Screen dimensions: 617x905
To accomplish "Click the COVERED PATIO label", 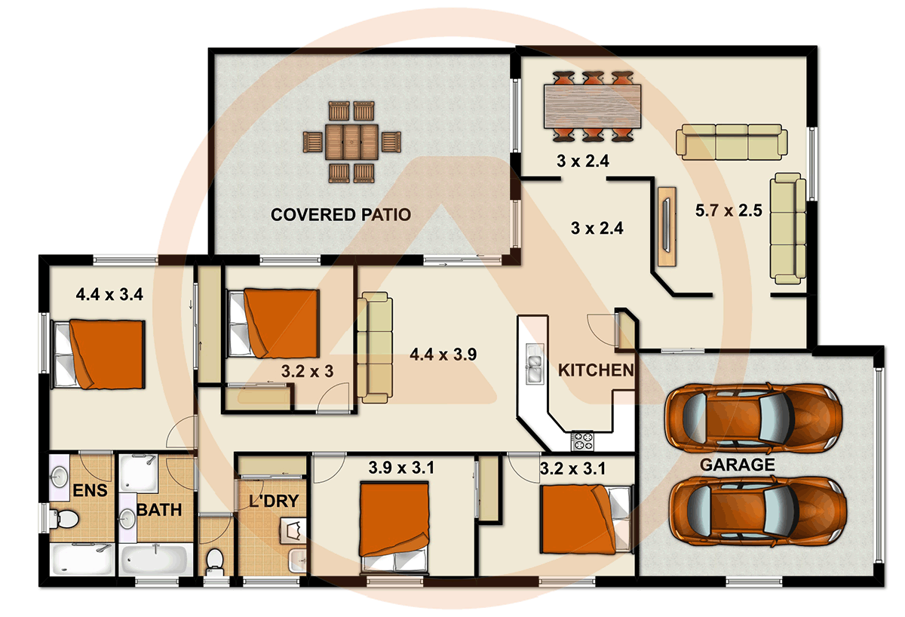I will pos(341,215).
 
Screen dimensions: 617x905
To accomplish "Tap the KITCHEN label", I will pos(595,370).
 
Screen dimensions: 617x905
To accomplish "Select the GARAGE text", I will pos(737,465).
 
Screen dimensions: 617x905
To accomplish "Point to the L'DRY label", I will pos(275,500).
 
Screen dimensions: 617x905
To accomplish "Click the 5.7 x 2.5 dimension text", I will pos(729,210).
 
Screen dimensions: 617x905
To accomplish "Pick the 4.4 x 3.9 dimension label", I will pos(443,355).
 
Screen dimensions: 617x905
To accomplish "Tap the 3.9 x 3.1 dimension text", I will pos(401,468).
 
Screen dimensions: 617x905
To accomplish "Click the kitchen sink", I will pos(534,364).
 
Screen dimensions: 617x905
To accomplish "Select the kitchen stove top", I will pos(583,439).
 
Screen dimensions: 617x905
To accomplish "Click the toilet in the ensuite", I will pos(65,519).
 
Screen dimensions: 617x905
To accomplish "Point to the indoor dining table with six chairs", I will pos(592,106).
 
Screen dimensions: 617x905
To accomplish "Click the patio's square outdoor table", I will pos(351,141).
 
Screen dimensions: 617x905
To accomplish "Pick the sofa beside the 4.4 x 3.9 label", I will pos(375,348).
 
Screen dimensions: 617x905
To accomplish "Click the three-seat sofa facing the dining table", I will pos(731,143).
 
